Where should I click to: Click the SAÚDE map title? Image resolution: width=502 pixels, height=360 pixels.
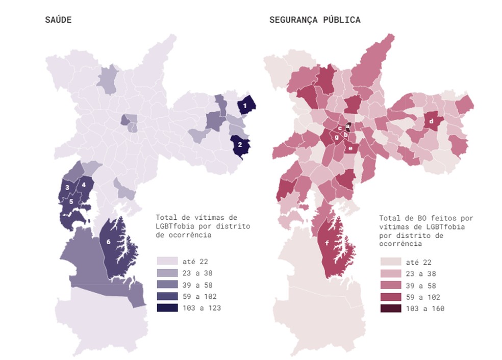tap(58, 20)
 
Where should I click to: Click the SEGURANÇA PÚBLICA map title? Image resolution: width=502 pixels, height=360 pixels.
tap(315, 20)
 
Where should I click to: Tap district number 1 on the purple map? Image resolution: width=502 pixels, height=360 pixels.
tap(245, 106)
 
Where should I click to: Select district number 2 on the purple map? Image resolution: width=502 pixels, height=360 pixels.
tap(240, 144)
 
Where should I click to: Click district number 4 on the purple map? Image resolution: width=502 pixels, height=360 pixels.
tap(84, 185)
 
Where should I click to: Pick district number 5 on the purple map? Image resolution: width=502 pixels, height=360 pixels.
tap(71, 201)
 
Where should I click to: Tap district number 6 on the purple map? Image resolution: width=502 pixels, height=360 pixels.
tap(109, 241)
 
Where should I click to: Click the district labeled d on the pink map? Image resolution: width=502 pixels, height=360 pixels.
tap(431, 121)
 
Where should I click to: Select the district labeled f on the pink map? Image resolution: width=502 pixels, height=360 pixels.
tap(327, 243)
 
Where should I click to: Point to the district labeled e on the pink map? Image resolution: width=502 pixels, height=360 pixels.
tap(350, 148)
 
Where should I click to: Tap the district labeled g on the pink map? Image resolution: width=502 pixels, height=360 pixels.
tap(336, 137)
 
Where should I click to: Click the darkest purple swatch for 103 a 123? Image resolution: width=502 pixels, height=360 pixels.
tap(167, 307)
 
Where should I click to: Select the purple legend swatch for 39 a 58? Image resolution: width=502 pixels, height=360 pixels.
tap(167, 285)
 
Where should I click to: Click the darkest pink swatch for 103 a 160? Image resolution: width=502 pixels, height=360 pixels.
tap(390, 308)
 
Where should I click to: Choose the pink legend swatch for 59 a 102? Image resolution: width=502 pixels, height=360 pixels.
tap(390, 297)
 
